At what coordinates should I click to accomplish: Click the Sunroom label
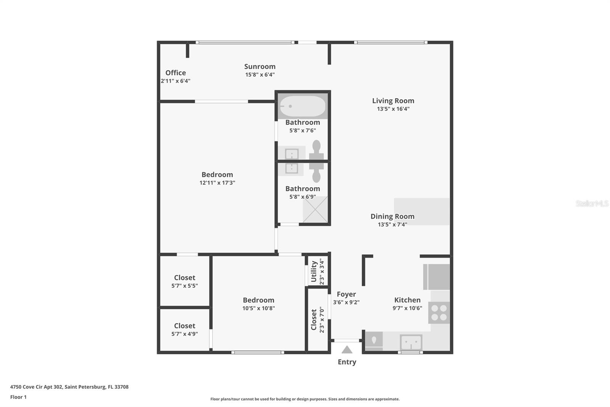click(260, 66)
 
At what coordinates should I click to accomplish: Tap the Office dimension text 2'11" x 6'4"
click(175, 81)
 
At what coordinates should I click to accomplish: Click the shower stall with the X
click(315, 210)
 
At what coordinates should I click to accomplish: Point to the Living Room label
click(393, 101)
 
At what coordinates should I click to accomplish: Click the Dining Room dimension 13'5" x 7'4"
click(392, 224)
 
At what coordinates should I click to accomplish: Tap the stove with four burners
click(439, 313)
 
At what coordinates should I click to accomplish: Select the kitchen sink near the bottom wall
click(411, 342)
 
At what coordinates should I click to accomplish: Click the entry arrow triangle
click(347, 350)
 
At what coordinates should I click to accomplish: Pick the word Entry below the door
click(347, 362)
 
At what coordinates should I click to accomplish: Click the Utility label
click(314, 271)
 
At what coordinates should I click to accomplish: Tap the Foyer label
click(346, 294)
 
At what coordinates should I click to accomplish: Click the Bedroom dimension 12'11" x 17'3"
click(217, 183)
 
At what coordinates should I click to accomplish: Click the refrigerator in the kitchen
click(437, 277)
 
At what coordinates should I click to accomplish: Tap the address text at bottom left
click(69, 387)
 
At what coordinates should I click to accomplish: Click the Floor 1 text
click(18, 397)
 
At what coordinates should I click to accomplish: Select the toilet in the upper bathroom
click(316, 151)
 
